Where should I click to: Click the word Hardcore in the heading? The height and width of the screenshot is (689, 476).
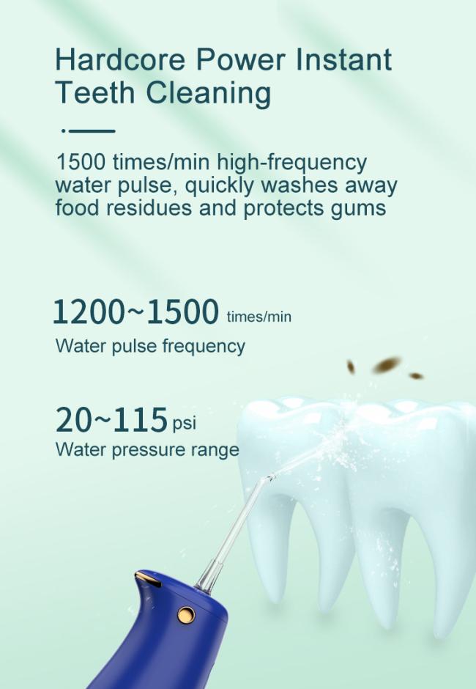[x=120, y=59]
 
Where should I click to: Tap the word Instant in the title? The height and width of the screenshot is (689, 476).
[x=343, y=59]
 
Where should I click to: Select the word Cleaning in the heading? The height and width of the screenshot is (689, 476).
[x=208, y=94]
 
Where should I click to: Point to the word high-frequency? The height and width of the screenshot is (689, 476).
[x=291, y=163]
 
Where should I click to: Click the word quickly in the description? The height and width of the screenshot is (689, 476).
[x=219, y=186]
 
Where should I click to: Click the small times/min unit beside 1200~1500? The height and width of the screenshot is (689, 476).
[x=259, y=317]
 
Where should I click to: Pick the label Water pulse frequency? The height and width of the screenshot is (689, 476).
[x=150, y=346]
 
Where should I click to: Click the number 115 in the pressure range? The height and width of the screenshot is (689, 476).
[x=140, y=420]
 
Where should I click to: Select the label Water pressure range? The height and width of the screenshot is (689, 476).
[x=147, y=450]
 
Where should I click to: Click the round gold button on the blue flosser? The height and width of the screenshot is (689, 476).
[x=186, y=615]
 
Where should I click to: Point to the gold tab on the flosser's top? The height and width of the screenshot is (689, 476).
[x=148, y=580]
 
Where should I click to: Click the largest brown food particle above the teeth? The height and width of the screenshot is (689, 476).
[x=387, y=365]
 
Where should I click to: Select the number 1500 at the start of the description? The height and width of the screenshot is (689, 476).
[x=81, y=162]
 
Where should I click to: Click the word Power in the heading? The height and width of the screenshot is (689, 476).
[x=240, y=59]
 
